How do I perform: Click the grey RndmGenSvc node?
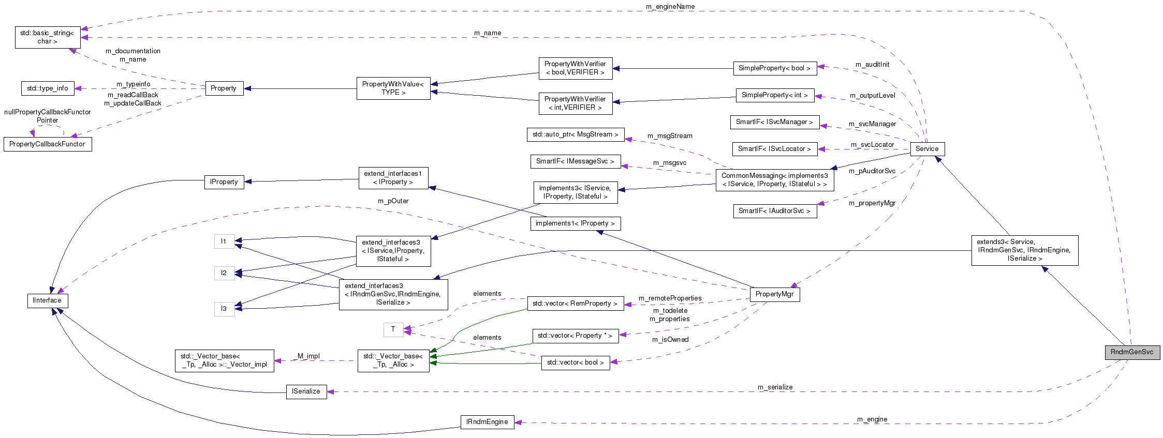pos(1132,352)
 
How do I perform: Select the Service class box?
pos(926,149)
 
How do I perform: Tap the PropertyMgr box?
pos(774,294)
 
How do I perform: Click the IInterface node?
pos(47,300)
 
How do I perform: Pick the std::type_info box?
pos(48,88)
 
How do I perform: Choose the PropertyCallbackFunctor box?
pos(47,144)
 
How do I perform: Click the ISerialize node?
pos(306,391)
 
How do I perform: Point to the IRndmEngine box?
pos(487,422)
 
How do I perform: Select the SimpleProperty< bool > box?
pos(774,68)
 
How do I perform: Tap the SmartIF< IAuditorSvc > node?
pos(774,211)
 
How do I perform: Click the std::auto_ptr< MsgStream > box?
pos(575,134)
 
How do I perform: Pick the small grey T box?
pos(393,329)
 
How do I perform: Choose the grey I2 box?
pos(224,273)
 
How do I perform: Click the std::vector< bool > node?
pos(575,363)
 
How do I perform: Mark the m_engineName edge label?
pos(670,7)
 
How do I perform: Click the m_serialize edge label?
pos(775,387)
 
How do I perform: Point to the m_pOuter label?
pos(393,201)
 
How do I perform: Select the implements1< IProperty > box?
pos(575,223)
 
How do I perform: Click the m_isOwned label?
pos(670,340)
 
